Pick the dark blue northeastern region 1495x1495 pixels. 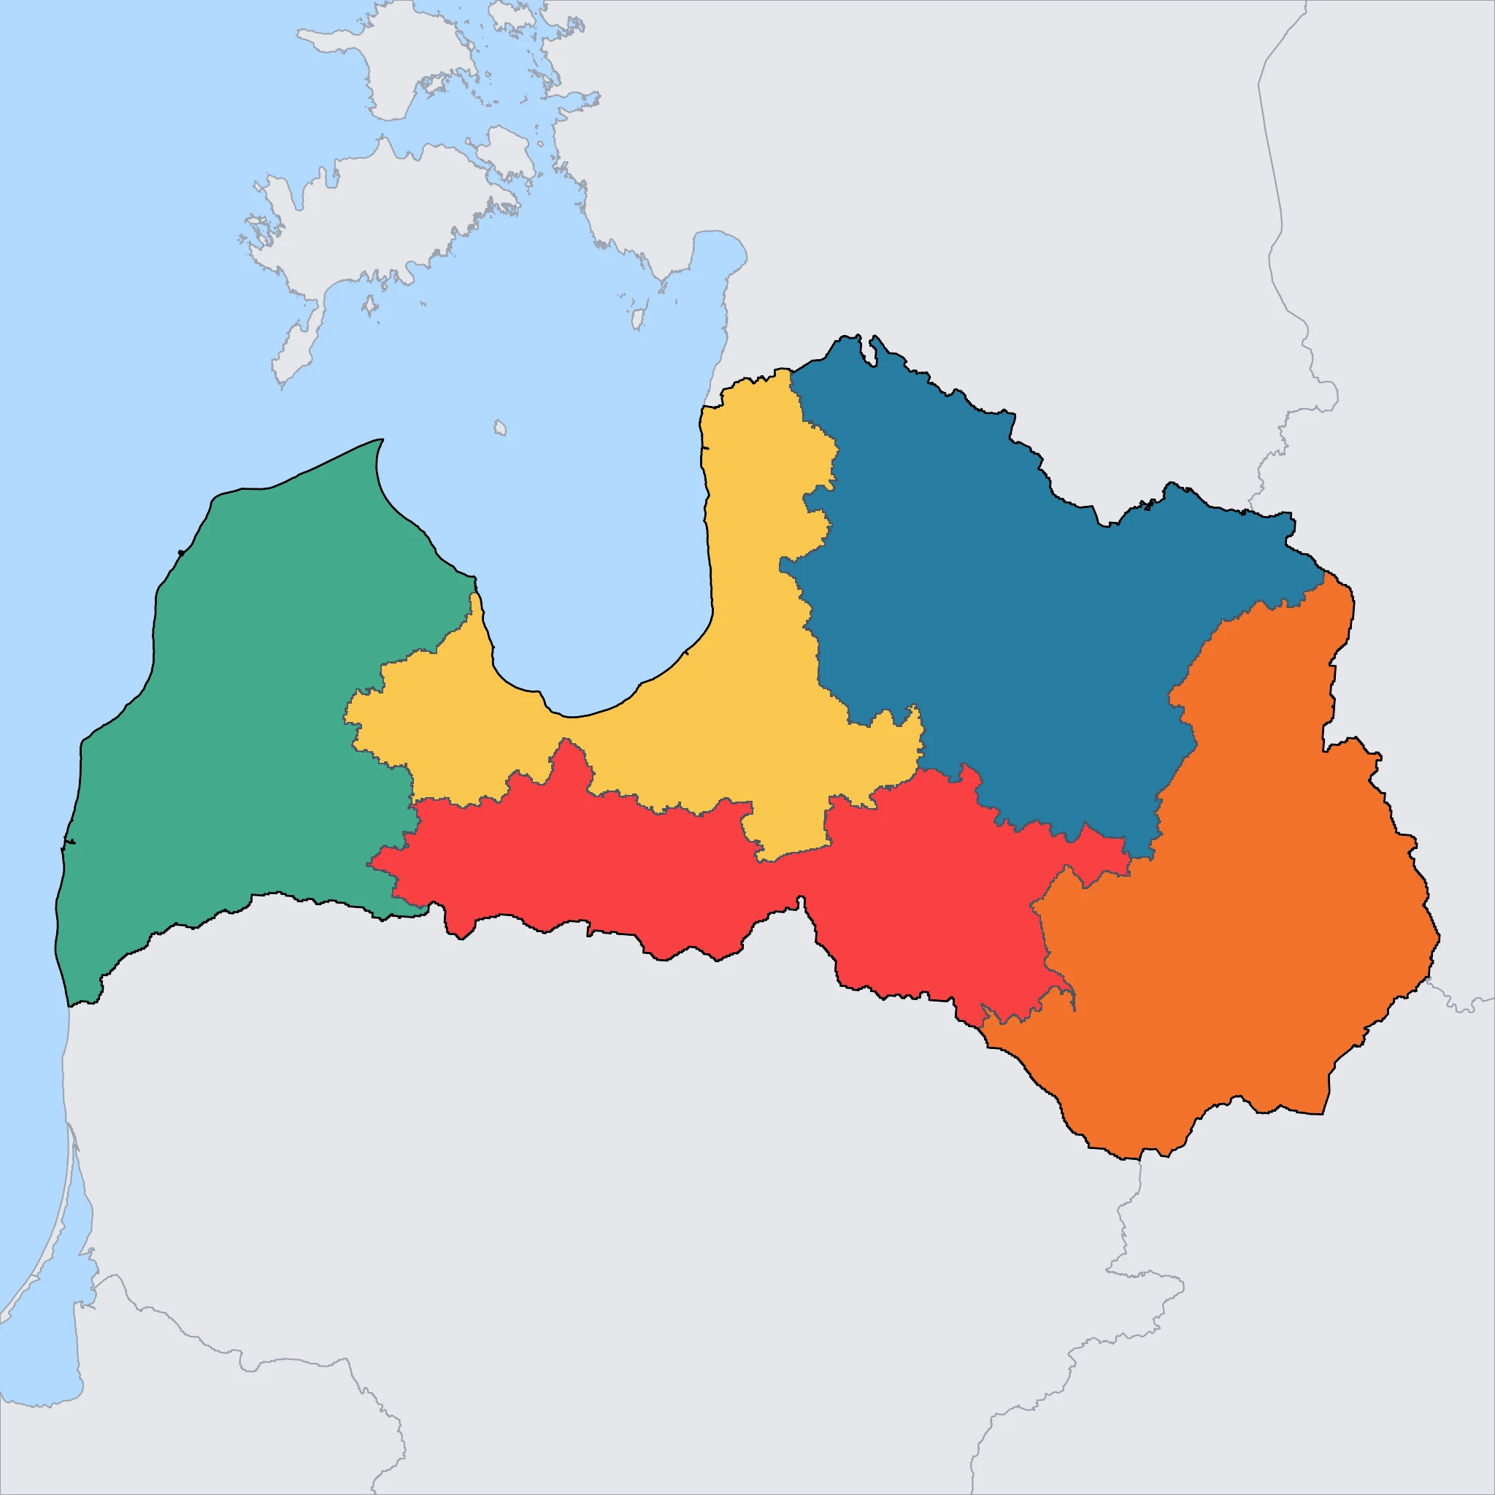click(1006, 619)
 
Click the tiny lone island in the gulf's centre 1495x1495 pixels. click(500, 427)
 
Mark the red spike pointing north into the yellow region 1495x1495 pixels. click(569, 755)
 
